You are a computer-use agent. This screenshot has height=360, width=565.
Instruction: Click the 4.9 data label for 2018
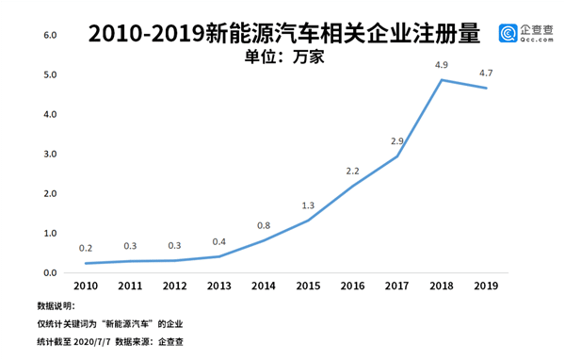[x=441, y=65]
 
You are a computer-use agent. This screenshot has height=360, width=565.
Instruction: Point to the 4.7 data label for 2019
[x=486, y=73]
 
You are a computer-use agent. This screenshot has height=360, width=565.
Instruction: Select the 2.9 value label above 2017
[x=396, y=141]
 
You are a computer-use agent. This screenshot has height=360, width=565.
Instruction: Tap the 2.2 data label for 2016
[x=352, y=171]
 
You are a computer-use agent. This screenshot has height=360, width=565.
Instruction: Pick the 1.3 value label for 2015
[x=308, y=205]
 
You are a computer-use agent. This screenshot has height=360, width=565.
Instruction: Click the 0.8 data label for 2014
[x=264, y=225]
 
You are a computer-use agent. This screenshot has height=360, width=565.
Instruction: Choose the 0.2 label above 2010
[x=86, y=249]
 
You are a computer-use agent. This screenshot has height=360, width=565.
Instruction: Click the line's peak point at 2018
[x=442, y=79]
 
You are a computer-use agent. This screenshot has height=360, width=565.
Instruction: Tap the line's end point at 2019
[x=486, y=88]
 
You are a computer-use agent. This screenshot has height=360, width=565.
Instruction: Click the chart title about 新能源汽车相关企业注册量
[x=283, y=34]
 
